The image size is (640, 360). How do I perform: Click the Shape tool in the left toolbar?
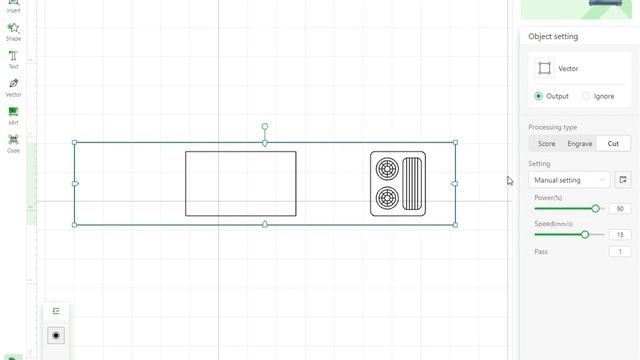(x=13, y=30)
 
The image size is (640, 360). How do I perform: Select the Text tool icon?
(x=13, y=58)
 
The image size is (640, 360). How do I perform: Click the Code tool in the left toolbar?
(x=13, y=142)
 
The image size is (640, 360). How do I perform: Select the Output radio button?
(x=539, y=96)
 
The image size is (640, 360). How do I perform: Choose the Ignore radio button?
(x=586, y=96)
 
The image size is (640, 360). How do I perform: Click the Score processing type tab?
(x=547, y=143)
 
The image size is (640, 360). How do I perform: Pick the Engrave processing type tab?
(x=580, y=143)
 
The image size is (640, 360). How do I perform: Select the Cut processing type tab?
(x=613, y=143)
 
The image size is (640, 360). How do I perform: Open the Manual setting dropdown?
(x=570, y=180)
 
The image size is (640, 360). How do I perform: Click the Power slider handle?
(x=596, y=208)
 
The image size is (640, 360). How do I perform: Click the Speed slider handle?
(x=585, y=234)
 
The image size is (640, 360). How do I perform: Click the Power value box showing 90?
(x=620, y=209)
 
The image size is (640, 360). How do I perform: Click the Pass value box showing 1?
(x=620, y=252)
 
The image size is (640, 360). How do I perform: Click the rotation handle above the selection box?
(x=265, y=127)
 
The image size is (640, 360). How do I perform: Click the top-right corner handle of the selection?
(x=455, y=142)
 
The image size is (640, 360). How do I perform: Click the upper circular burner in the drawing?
(x=385, y=167)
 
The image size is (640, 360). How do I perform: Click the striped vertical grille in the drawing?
(x=411, y=184)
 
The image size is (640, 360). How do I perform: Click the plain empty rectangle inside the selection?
(x=240, y=183)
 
